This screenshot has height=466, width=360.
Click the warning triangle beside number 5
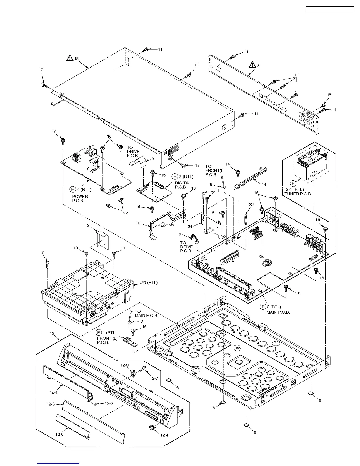[252, 65]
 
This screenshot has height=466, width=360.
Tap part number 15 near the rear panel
[329, 95]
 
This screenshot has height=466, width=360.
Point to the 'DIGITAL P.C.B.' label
[183, 185]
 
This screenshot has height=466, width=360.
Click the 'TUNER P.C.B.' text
[298, 194]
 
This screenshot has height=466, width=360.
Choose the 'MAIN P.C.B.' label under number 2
[278, 312]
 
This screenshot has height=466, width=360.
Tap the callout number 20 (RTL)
[149, 283]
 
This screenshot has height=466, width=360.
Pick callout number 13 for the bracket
[138, 223]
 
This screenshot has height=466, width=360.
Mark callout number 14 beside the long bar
[264, 184]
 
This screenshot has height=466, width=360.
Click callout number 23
[251, 204]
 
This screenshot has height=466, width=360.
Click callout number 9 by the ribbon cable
[153, 158]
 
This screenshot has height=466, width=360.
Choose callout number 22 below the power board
[125, 213]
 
